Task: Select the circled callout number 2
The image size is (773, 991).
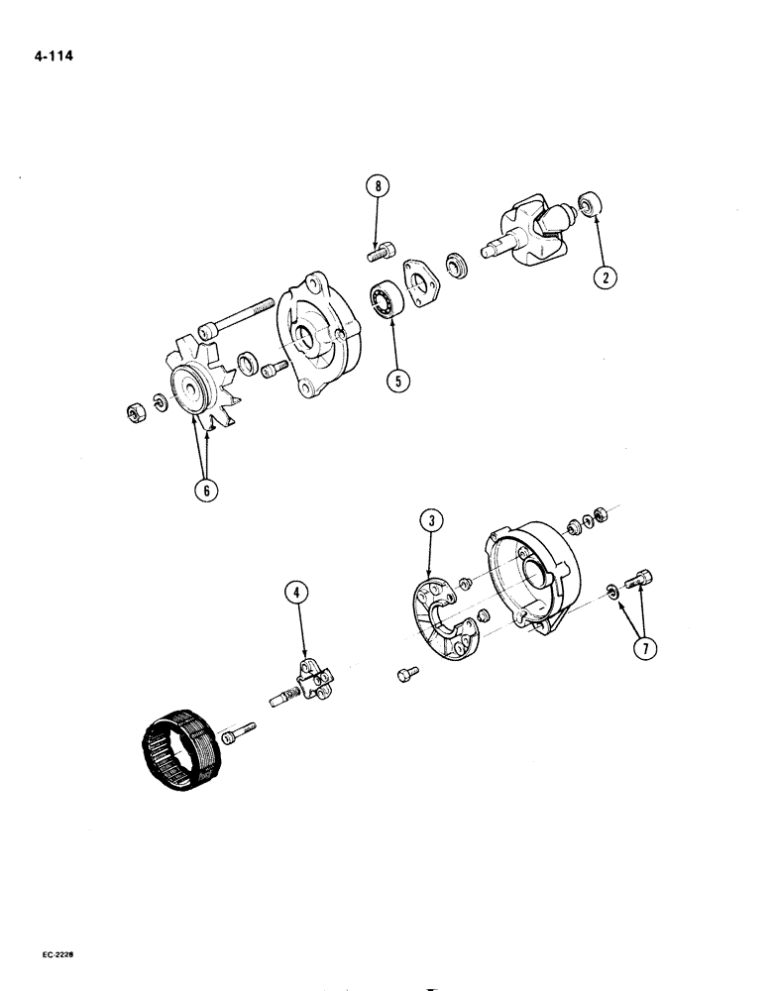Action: point(604,276)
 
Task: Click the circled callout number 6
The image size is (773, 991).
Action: point(205,490)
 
